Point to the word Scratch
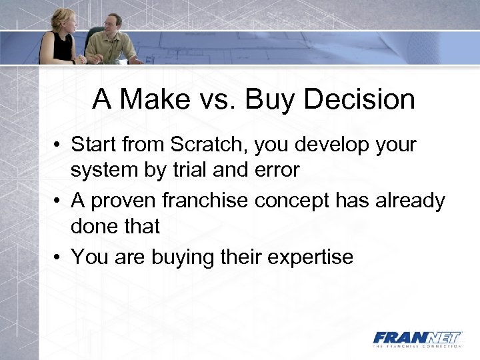[201, 145]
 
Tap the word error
[275, 171]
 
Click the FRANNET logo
[417, 338]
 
